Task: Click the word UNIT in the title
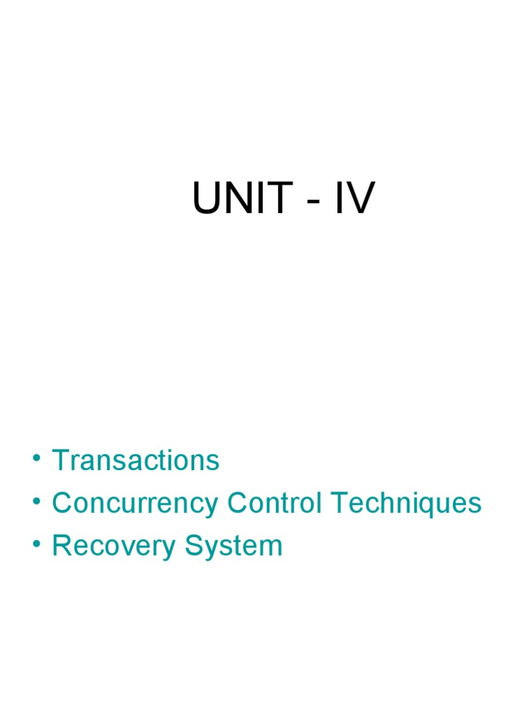click(x=242, y=200)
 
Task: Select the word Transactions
click(x=136, y=460)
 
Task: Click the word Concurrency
click(x=136, y=503)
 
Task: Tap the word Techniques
click(x=406, y=503)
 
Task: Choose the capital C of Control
click(x=237, y=503)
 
